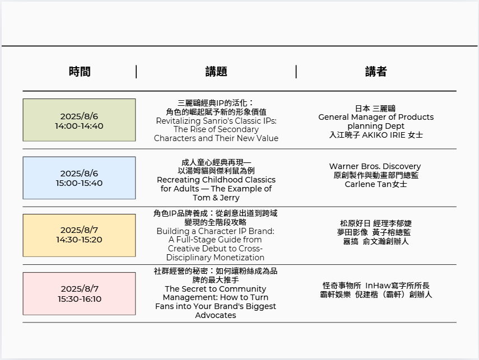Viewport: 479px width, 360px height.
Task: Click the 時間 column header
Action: [80, 72]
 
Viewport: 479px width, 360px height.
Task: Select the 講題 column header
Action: [216, 72]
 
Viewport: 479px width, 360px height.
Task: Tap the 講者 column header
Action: [376, 72]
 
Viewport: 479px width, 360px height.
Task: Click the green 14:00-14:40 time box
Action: [79, 120]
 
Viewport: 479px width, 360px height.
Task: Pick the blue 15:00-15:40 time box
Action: [79, 178]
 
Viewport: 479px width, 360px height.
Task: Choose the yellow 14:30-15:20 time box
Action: [79, 235]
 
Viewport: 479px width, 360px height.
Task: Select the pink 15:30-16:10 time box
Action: [79, 294]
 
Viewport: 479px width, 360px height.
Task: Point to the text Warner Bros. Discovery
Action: [375, 166]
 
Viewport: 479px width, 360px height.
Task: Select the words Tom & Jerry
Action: [216, 198]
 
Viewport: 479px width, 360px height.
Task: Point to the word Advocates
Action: [216, 315]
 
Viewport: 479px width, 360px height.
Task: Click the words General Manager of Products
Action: [376, 117]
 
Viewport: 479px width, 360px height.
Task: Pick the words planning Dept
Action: [376, 126]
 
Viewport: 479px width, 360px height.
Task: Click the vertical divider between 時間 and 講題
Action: [136, 72]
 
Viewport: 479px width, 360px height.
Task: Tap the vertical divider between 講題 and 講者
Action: [296, 72]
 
